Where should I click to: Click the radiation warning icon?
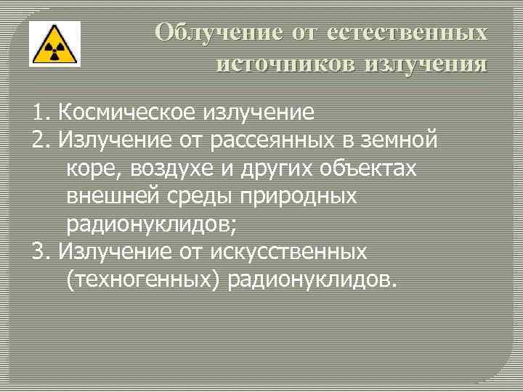click(54, 46)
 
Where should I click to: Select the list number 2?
click(41, 141)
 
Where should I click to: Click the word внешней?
click(108, 196)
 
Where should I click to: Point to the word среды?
click(188, 196)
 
